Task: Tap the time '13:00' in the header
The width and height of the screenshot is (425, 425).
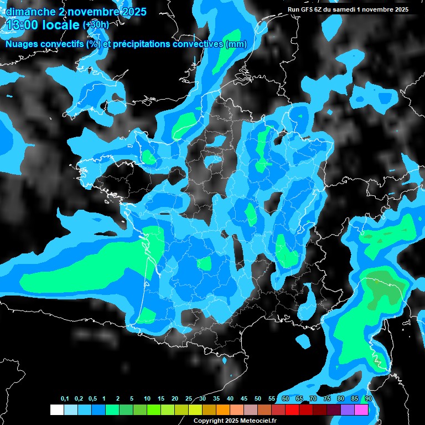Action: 22,24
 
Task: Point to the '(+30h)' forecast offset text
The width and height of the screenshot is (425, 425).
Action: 96,25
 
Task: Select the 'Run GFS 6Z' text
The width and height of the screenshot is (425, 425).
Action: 307,9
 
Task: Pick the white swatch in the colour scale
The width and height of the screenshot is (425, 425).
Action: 56,410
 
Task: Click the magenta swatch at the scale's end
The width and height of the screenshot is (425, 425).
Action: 361,410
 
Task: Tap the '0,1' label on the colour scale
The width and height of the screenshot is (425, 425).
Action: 64,398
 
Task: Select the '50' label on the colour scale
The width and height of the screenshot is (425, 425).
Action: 258,398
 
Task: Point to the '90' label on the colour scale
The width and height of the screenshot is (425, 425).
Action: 369,398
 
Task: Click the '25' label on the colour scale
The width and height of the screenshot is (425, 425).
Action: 189,398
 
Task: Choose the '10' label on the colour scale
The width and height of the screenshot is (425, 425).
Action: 147,398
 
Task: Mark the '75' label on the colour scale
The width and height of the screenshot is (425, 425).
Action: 327,398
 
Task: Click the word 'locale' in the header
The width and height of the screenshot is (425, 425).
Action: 61,24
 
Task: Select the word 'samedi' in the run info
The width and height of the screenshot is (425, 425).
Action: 349,9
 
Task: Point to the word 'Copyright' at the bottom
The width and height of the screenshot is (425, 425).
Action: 208,421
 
